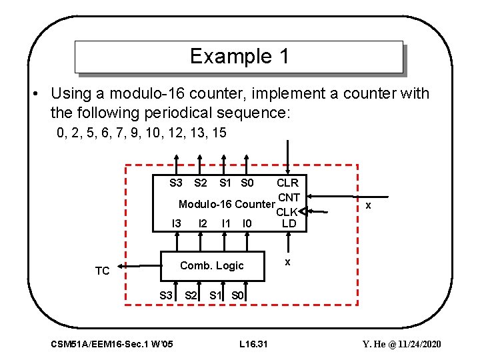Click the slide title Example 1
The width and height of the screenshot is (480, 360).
(239, 57)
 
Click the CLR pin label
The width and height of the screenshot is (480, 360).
(287, 183)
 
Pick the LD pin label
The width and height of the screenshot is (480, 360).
(289, 223)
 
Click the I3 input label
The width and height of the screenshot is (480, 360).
(177, 223)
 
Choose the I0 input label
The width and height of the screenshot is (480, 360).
(247, 223)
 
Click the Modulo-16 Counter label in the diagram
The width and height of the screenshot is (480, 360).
(226, 203)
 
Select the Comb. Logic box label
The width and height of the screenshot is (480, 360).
(212, 265)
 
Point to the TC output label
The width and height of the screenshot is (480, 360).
(102, 271)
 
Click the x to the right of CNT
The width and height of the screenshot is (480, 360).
(368, 207)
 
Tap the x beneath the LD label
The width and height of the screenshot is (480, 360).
(287, 261)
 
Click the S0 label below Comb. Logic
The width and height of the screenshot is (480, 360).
(237, 295)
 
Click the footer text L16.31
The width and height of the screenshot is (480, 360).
(253, 344)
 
